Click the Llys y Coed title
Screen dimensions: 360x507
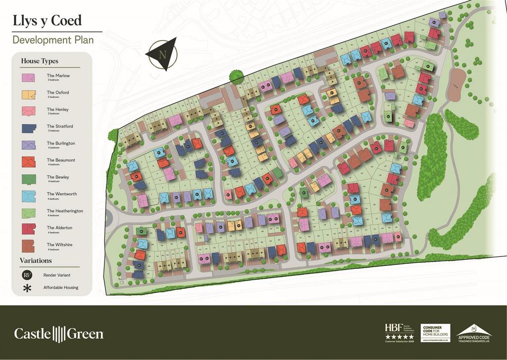47,20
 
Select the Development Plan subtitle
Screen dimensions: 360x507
52,40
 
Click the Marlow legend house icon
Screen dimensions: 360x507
28,78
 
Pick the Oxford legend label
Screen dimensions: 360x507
58,93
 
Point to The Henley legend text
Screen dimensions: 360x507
58,109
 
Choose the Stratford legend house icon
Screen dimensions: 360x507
28,128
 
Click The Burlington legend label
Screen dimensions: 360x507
61,143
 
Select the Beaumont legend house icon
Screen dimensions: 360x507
28,162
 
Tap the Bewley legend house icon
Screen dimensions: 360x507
28,179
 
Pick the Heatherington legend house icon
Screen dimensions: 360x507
28,212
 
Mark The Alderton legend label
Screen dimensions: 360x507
59,228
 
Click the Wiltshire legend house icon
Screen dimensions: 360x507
28,246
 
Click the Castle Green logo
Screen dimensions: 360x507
59,334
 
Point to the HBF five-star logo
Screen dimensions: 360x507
399,332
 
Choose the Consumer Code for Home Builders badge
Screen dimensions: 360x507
435,333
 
